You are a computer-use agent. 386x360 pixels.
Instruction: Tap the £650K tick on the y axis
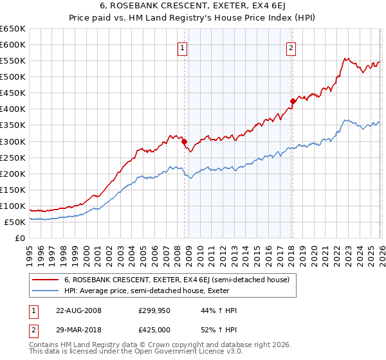[x=13, y=29]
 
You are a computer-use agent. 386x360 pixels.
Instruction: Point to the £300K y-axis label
[x=13, y=141]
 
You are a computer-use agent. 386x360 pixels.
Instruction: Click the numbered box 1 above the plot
[x=182, y=48]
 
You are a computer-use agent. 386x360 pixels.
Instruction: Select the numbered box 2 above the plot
[x=291, y=48]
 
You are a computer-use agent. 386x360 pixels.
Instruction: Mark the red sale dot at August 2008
[x=184, y=141]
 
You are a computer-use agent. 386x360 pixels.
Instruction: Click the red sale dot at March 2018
[x=293, y=101]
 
